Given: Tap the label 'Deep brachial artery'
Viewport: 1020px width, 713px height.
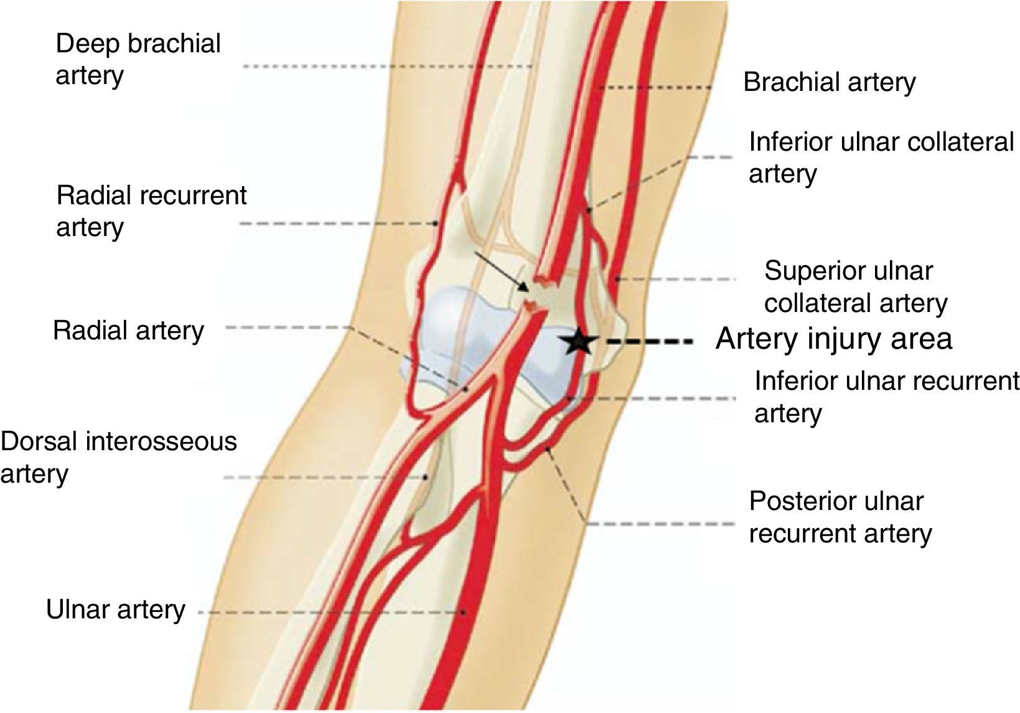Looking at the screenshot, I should click(x=138, y=60).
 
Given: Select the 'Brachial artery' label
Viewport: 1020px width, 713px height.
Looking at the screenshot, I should click(x=830, y=83).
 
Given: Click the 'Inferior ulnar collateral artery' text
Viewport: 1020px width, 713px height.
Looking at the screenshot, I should click(x=881, y=158).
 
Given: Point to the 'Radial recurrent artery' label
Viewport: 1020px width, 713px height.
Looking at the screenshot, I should click(x=151, y=211).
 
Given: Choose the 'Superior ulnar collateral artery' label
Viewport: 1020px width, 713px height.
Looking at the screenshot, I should click(x=856, y=287).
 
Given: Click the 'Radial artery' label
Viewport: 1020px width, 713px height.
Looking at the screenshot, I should click(x=128, y=331).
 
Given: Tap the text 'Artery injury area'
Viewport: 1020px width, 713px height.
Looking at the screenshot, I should click(x=834, y=339).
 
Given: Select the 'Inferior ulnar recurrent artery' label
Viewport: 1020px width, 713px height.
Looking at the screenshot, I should click(x=887, y=397).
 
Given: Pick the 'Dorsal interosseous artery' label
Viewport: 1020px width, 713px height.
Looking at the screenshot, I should click(x=118, y=457).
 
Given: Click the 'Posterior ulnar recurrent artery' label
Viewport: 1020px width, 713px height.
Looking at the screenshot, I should click(x=840, y=517).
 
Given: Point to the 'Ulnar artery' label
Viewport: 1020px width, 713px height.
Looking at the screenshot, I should click(x=116, y=610).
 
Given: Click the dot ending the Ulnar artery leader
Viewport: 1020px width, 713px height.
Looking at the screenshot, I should click(x=464, y=613).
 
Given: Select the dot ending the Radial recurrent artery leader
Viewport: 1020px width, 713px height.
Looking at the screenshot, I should click(x=436, y=223).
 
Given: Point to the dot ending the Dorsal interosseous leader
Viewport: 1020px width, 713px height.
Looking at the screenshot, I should click(x=426, y=478).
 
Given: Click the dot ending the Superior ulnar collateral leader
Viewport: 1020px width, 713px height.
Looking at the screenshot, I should click(x=616, y=279).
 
